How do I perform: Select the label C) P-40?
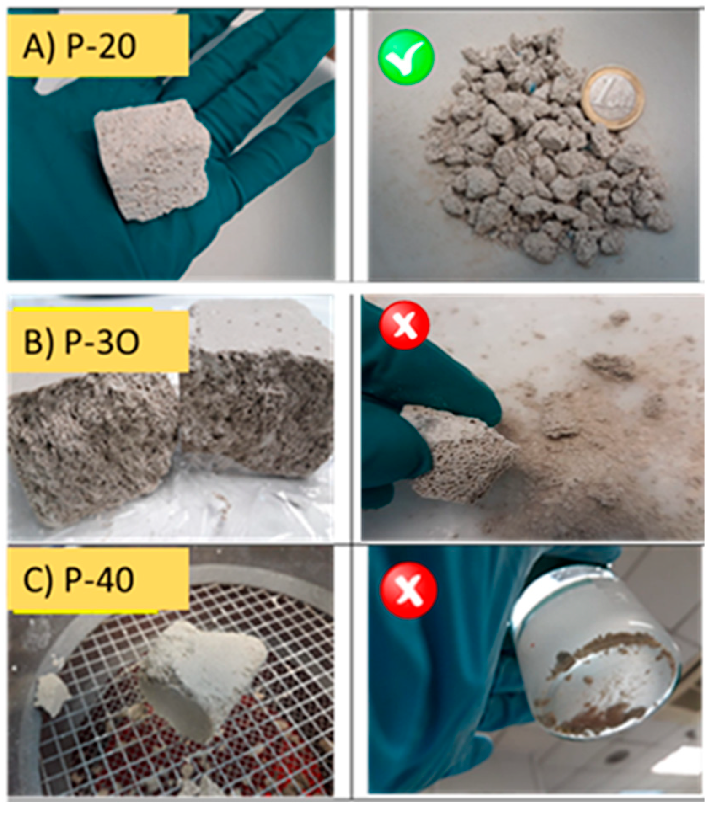pos(79,580)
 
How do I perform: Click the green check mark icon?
pos(406,57)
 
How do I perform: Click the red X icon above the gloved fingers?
pos(405,325)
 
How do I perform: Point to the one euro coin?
pos(614,99)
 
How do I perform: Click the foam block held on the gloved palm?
pos(152,160)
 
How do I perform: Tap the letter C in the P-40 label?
pos(34,580)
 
